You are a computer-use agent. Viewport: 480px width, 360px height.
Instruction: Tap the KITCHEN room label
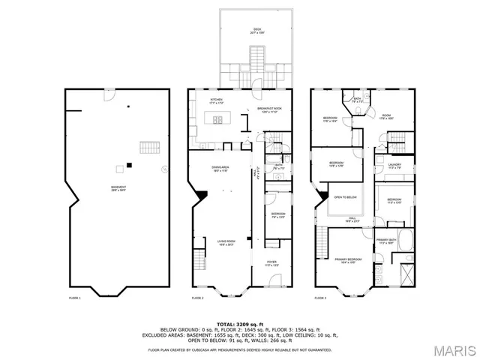point(217,100)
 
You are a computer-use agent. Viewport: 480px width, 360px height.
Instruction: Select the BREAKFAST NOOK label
point(268,109)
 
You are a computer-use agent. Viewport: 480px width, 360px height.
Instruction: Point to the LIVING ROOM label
point(226,242)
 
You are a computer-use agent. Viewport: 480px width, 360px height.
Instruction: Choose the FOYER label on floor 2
point(271,263)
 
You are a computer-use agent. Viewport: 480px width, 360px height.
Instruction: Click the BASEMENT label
point(118,189)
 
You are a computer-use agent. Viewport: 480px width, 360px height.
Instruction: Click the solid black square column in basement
point(129,165)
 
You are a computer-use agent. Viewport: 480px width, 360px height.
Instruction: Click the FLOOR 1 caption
point(74,298)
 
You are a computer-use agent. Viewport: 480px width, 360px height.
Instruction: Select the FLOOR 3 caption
point(320,298)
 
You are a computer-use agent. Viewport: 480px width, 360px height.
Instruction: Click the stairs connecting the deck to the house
point(256,59)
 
